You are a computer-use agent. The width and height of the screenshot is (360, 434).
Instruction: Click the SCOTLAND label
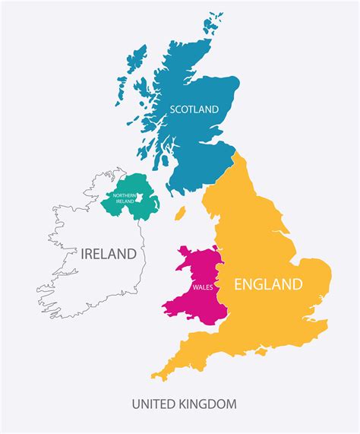coord(194,109)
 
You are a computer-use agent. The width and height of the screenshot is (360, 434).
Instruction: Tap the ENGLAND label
coord(268,285)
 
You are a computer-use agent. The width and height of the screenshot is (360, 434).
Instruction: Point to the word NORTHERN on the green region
coord(125,195)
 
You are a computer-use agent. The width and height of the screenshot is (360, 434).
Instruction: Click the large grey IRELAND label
coord(109,254)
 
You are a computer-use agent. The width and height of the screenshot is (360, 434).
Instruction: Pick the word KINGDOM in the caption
coord(207,403)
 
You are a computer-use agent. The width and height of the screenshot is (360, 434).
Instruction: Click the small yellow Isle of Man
coord(180,214)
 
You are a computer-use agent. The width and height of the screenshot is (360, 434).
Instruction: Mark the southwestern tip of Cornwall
coord(154,375)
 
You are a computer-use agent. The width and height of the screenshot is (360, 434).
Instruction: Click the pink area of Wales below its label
coord(194,304)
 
